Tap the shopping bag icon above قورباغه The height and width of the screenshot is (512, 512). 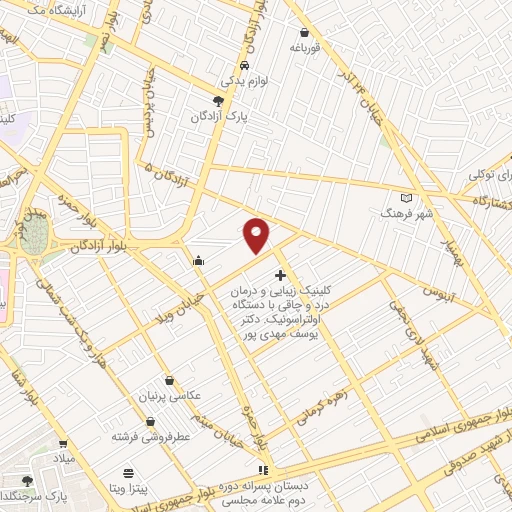point(304,31)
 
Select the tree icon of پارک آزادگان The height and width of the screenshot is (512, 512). point(219,100)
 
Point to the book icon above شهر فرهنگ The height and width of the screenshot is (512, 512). point(405,197)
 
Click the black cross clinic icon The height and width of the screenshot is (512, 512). point(279,274)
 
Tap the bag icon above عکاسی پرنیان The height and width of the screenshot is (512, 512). point(168,381)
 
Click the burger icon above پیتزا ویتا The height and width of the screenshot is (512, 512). point(127,472)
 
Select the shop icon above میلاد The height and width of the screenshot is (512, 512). point(63,444)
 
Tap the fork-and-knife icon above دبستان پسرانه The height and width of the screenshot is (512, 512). point(263,470)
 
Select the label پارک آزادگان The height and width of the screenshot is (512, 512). point(219,116)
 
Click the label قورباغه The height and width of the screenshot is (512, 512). point(304,46)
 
